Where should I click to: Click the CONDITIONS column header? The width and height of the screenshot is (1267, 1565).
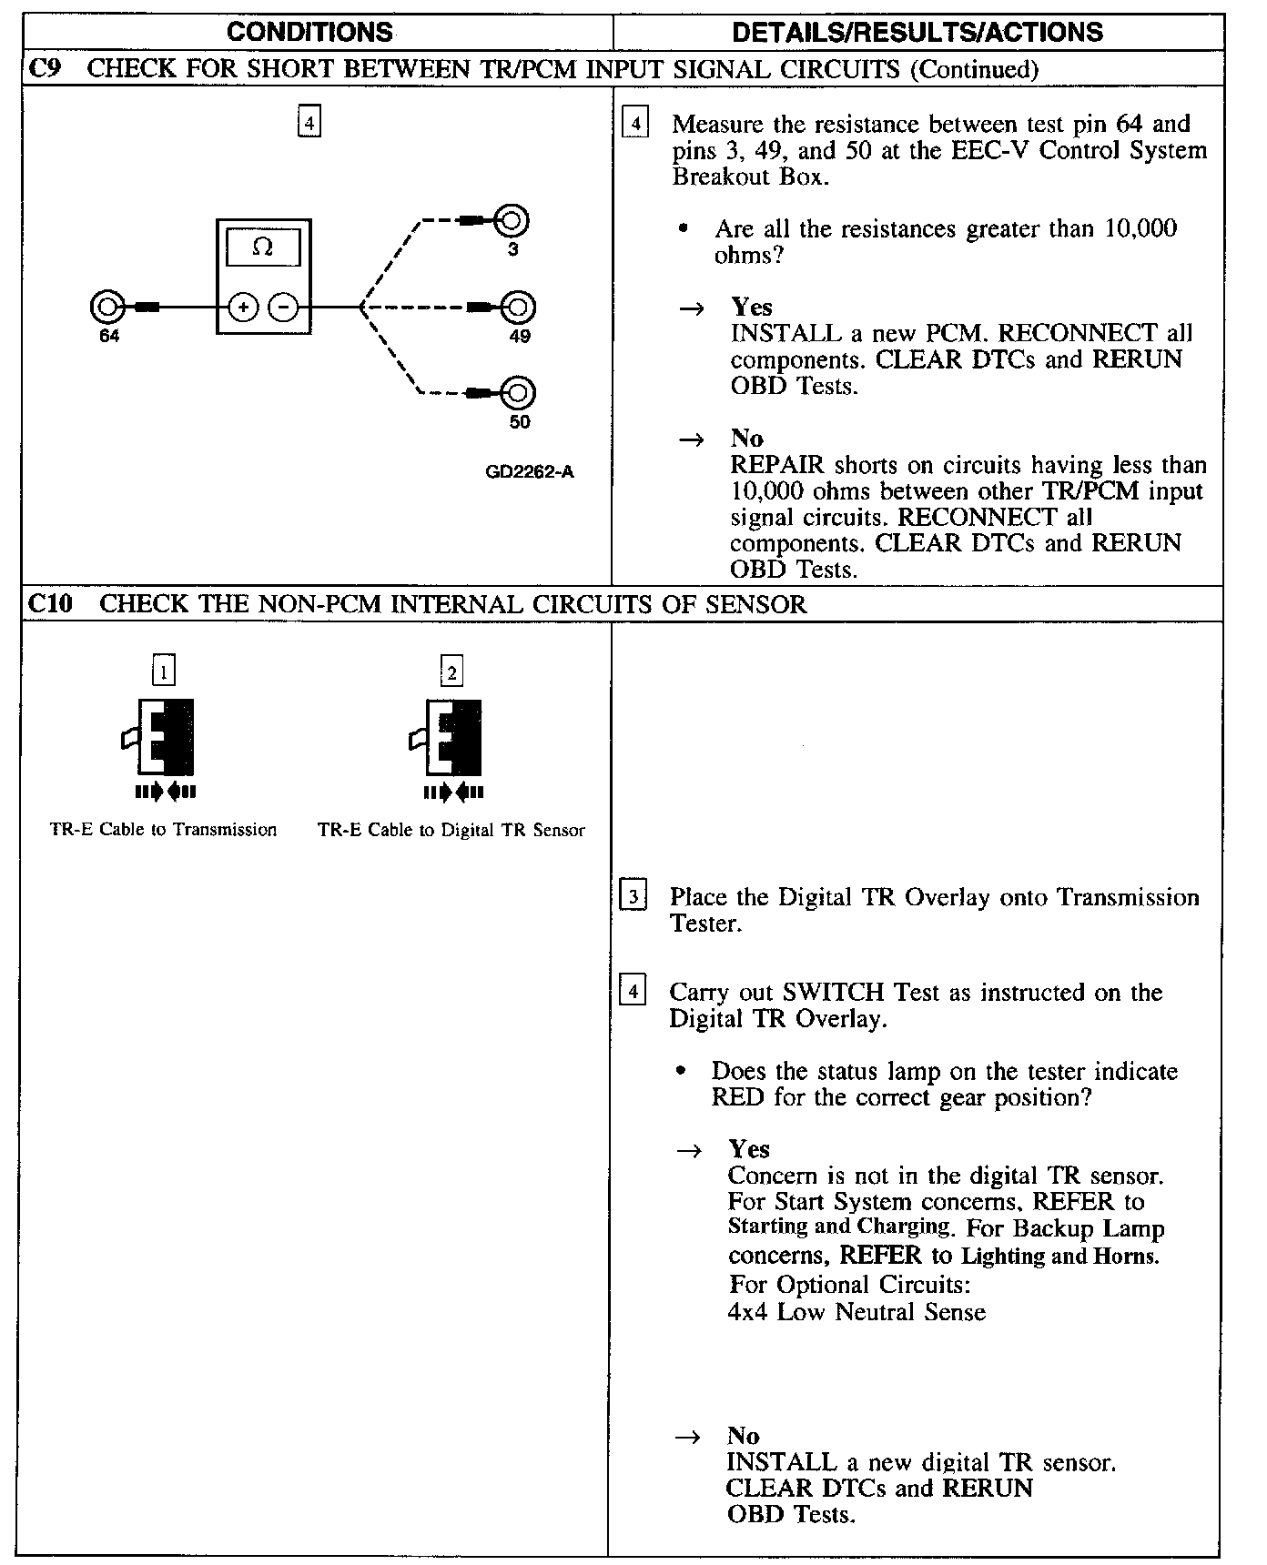(x=309, y=33)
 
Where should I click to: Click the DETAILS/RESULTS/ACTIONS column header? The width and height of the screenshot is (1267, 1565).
(x=917, y=33)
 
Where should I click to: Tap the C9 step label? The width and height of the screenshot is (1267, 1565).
(x=44, y=69)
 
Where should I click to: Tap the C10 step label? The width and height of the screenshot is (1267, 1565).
(x=49, y=604)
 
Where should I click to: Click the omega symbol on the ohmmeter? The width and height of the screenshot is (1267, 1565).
(x=262, y=247)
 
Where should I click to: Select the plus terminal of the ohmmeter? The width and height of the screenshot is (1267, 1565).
(x=242, y=308)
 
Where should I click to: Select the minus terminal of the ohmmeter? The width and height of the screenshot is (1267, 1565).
(x=284, y=308)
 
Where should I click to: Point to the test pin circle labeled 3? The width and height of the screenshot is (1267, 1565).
(x=513, y=220)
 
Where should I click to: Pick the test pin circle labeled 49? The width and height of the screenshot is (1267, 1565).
(x=520, y=308)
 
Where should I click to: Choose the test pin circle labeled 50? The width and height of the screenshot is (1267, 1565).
(x=519, y=393)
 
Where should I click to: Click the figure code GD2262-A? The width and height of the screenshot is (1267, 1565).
(x=530, y=472)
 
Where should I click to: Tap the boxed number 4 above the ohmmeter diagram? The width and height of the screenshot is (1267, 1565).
(x=309, y=122)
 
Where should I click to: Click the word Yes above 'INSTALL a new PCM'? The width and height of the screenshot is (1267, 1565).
(x=751, y=307)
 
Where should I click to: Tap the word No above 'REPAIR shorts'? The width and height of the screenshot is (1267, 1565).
(x=746, y=439)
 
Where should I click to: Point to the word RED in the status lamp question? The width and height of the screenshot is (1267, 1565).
(x=737, y=1097)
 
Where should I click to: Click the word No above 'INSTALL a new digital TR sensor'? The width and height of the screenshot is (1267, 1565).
(x=743, y=1435)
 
